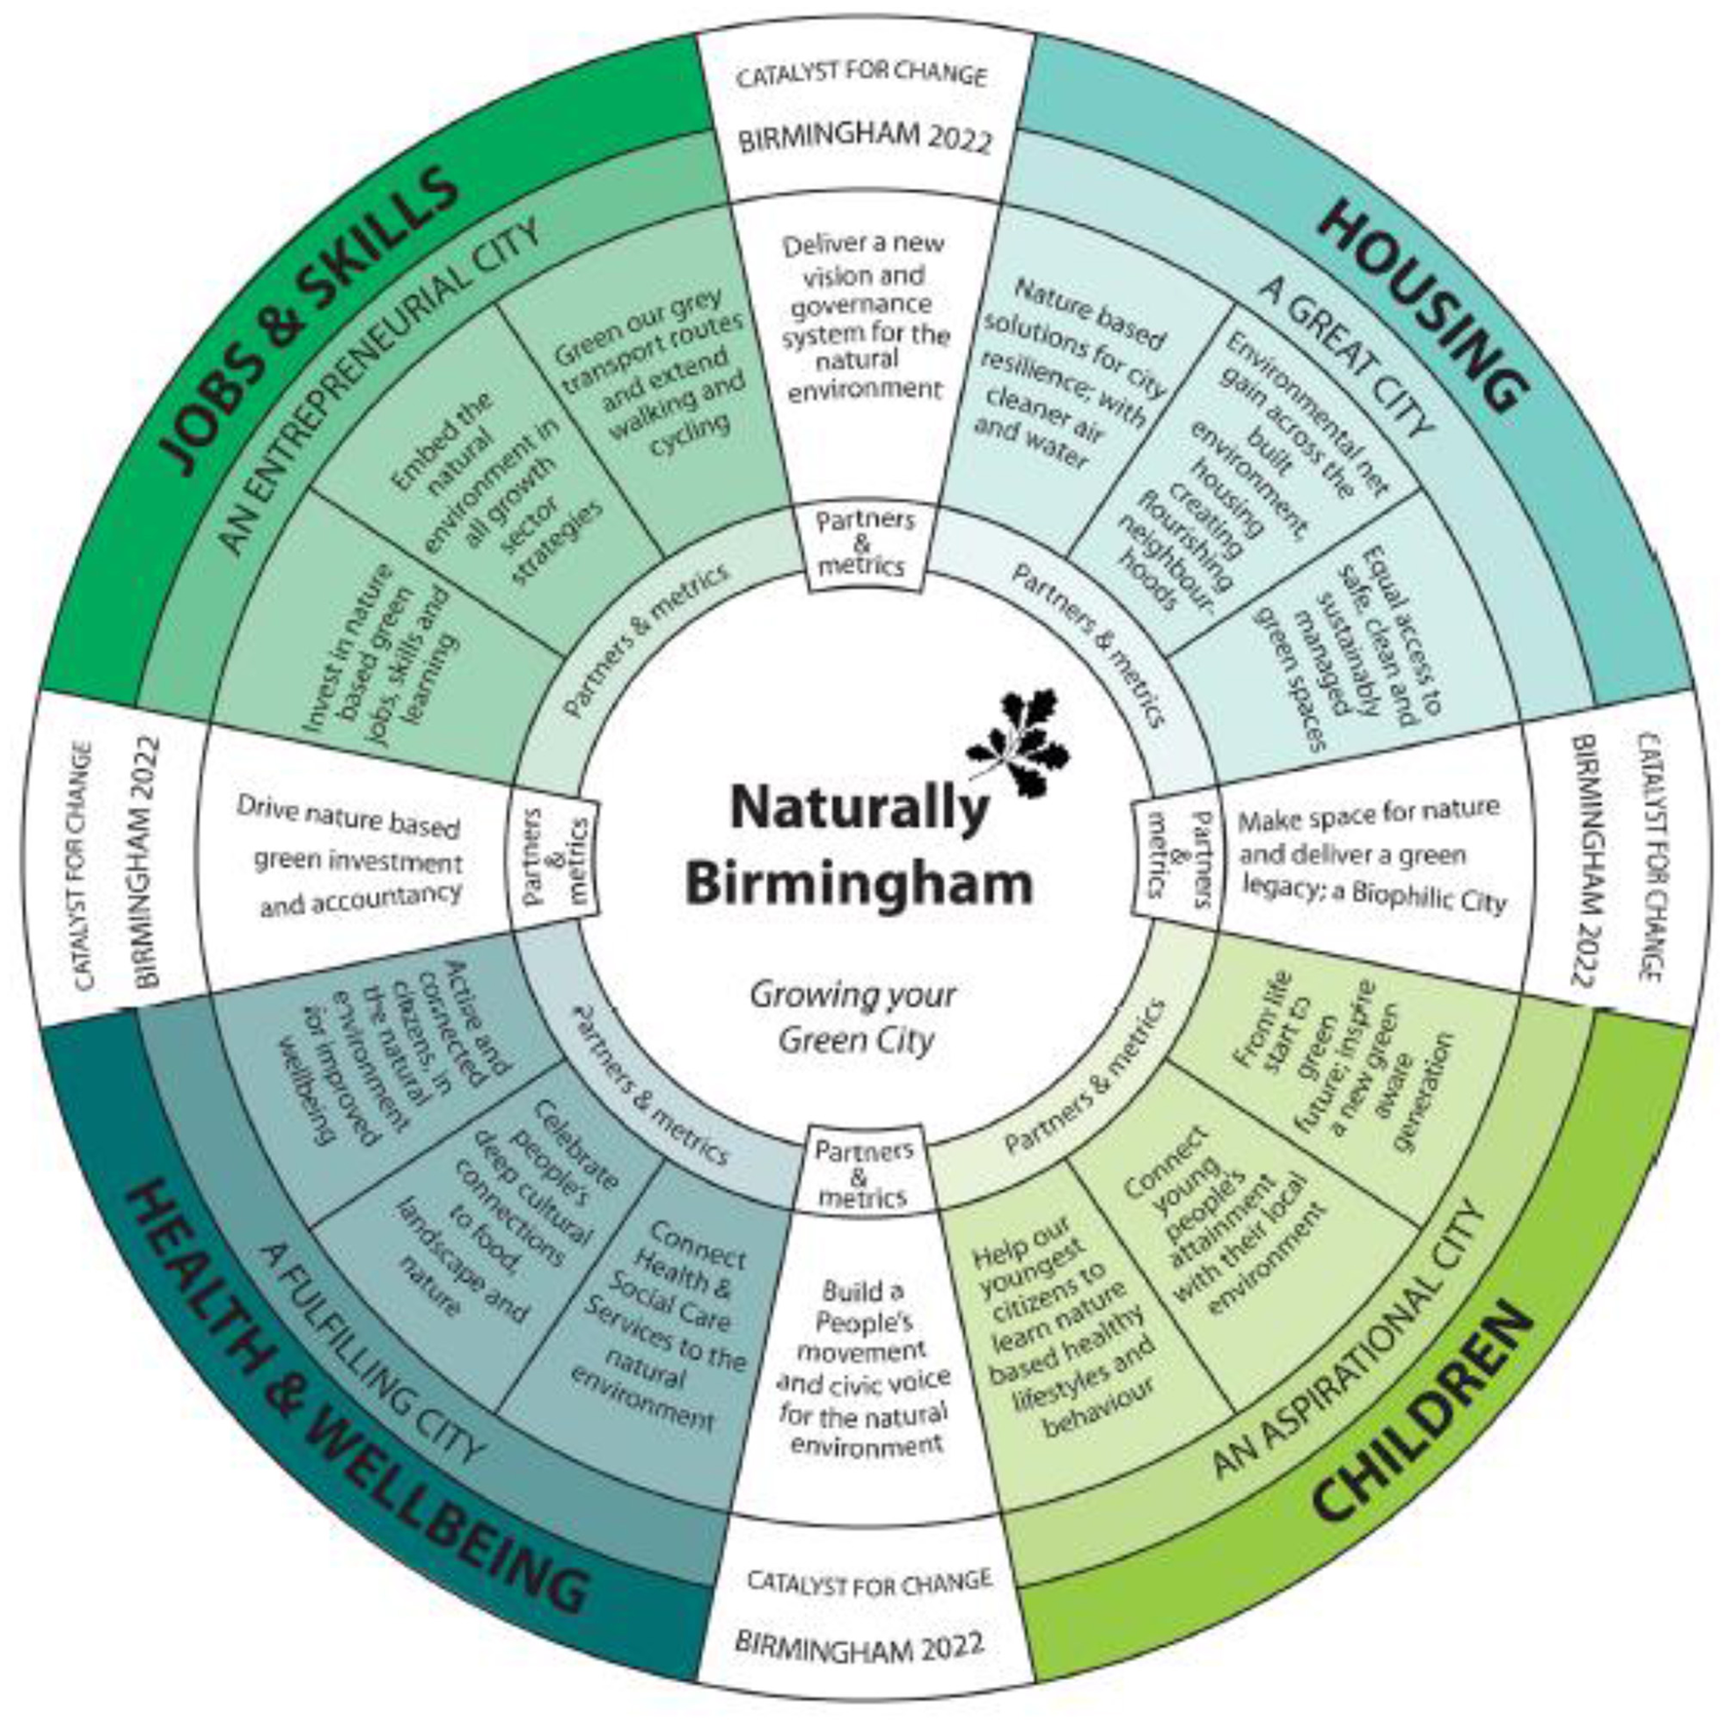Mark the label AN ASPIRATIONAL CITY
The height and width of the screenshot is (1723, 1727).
coord(1349,1345)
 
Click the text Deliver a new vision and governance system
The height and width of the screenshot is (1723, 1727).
coord(864,317)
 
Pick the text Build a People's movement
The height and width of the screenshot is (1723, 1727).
coord(863,1368)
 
